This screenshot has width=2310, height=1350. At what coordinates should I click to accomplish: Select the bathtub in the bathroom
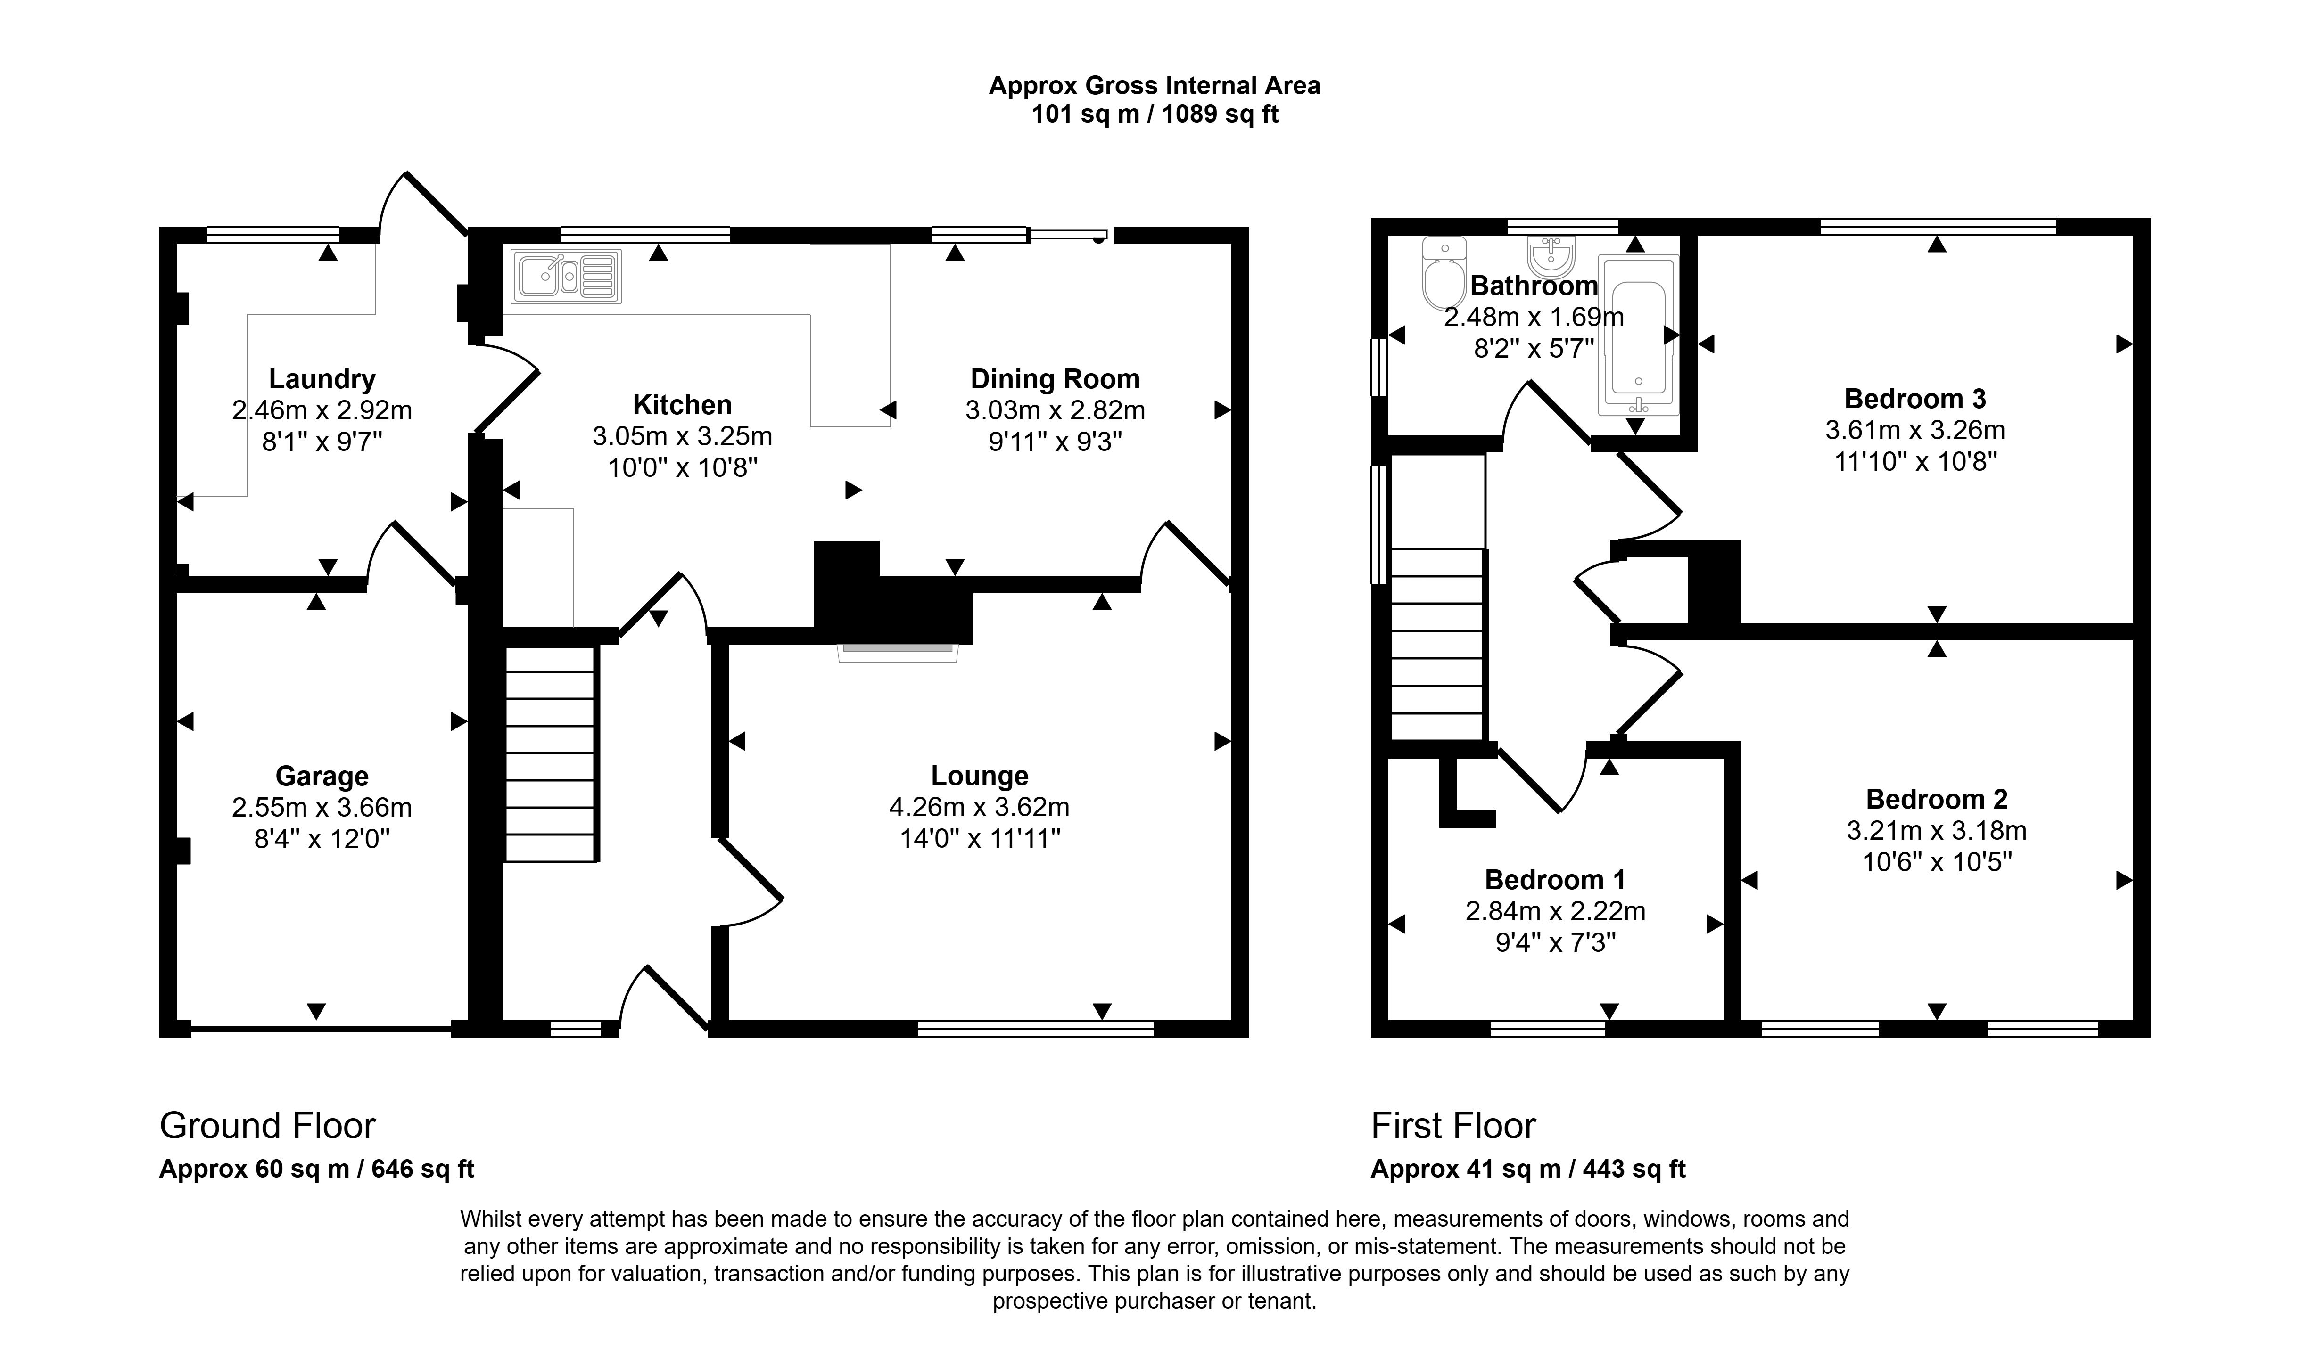1637,335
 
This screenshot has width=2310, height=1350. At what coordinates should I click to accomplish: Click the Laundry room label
322,378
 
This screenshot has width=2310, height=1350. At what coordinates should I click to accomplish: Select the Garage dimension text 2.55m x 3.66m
322,808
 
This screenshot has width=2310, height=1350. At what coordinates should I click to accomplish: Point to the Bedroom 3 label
1915,399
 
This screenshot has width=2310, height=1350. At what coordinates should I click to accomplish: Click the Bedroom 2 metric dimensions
1936,830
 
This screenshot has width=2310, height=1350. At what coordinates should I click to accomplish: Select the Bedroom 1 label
1555,880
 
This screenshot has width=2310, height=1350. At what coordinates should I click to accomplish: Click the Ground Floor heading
268,1125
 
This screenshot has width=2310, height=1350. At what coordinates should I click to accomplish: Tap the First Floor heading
1453,1125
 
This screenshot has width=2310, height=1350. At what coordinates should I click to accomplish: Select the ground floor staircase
550,753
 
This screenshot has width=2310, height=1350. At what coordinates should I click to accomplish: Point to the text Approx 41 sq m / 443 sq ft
1528,1170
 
